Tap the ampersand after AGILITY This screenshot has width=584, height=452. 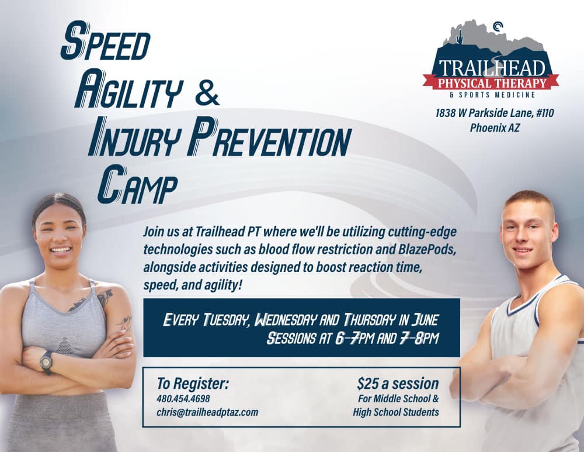tap(207, 94)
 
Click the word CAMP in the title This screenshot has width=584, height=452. tap(136, 184)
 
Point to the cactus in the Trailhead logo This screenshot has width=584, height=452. tap(461, 37)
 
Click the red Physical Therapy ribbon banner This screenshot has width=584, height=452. tap(491, 82)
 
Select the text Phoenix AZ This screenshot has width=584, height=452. tap(495, 128)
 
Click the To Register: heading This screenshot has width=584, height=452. tap(193, 383)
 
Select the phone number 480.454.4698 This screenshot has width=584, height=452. tap(183, 399)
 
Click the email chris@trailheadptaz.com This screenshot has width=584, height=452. tap(207, 412)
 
